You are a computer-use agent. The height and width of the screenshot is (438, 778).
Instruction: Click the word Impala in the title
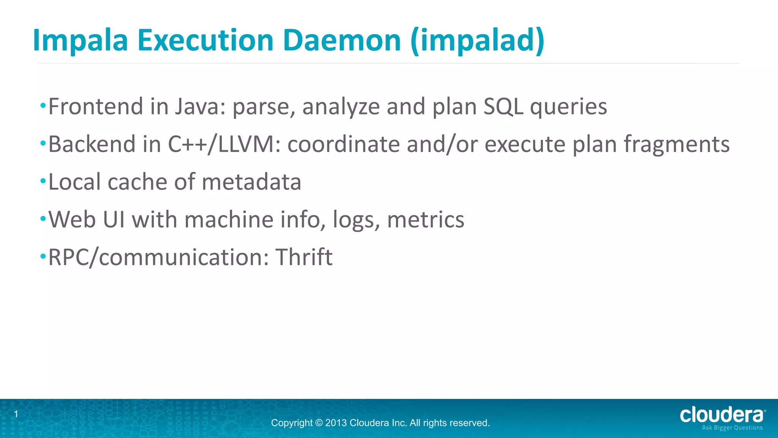point(80,40)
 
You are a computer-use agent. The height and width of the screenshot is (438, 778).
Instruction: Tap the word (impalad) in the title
point(478,40)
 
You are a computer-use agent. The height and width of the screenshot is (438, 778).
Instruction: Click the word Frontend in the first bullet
point(95,106)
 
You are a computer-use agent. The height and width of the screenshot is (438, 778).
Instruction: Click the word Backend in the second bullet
point(92,144)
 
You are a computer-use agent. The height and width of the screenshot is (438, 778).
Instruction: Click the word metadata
point(251,182)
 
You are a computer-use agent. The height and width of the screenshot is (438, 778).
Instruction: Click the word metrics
point(425,220)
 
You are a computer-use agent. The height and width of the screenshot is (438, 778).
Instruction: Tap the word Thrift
point(304,257)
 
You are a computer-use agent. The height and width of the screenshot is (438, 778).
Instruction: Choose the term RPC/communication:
point(158,257)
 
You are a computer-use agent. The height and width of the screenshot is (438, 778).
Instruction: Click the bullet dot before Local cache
point(43,181)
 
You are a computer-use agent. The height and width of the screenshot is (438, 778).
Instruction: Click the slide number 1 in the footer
point(16,414)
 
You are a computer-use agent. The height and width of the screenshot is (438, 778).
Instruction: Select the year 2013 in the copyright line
point(335,423)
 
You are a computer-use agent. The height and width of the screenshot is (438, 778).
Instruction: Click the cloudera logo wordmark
point(721,415)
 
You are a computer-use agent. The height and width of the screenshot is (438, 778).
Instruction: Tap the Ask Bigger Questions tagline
point(732,428)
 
